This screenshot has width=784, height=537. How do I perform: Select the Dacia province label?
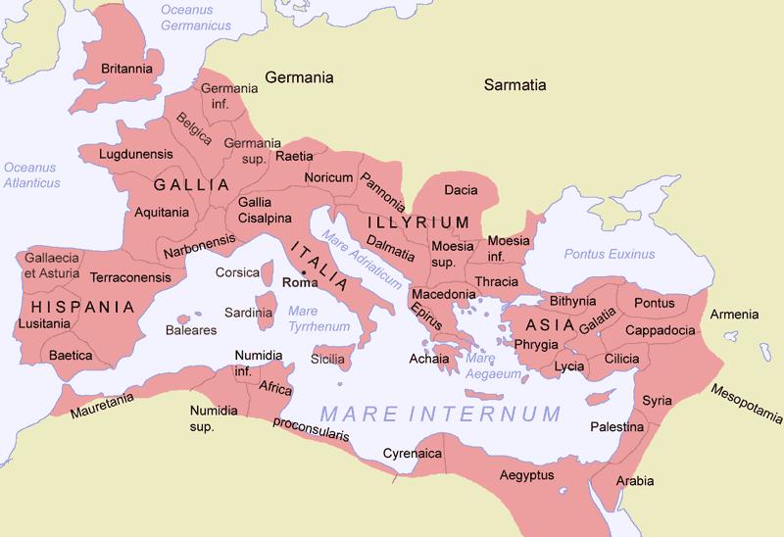461,189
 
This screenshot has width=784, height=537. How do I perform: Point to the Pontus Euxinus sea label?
609,255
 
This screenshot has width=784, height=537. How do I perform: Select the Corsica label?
237,273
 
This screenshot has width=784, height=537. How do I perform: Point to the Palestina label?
615,428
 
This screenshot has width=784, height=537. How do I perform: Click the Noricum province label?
328,177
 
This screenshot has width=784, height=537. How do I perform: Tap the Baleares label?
192,330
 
